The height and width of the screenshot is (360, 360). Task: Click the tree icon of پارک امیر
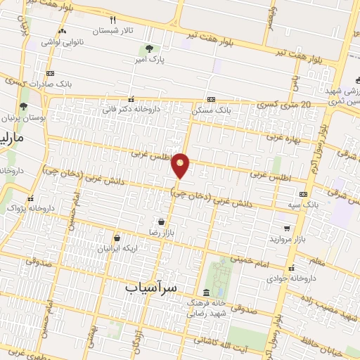pyautogui.click(x=148, y=49)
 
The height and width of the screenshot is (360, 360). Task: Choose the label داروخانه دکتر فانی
pyautogui.click(x=131, y=110)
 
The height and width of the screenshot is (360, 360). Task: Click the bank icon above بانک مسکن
pyautogui.click(x=212, y=99)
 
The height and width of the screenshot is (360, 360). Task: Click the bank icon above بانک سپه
pyautogui.click(x=303, y=194)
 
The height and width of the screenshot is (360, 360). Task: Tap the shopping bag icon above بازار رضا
pyautogui.click(x=162, y=221)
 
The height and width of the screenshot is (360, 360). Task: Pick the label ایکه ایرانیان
pyautogui.click(x=117, y=249)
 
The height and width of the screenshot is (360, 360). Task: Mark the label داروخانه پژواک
pyautogui.click(x=32, y=208)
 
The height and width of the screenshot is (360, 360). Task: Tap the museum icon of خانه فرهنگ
pyautogui.click(x=205, y=292)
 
